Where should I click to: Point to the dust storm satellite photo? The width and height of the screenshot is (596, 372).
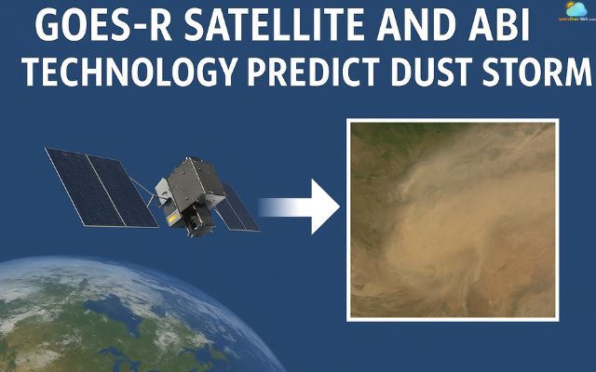point(453,219)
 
